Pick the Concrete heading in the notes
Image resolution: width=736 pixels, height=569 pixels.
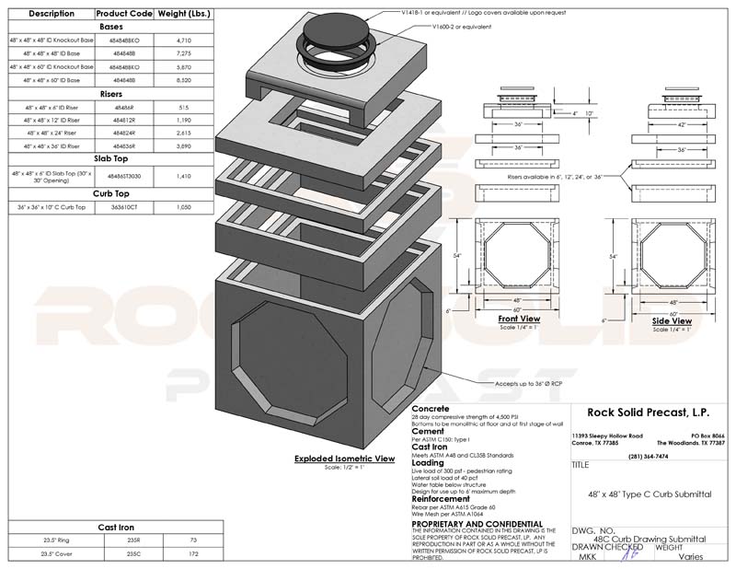tap(430, 408)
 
